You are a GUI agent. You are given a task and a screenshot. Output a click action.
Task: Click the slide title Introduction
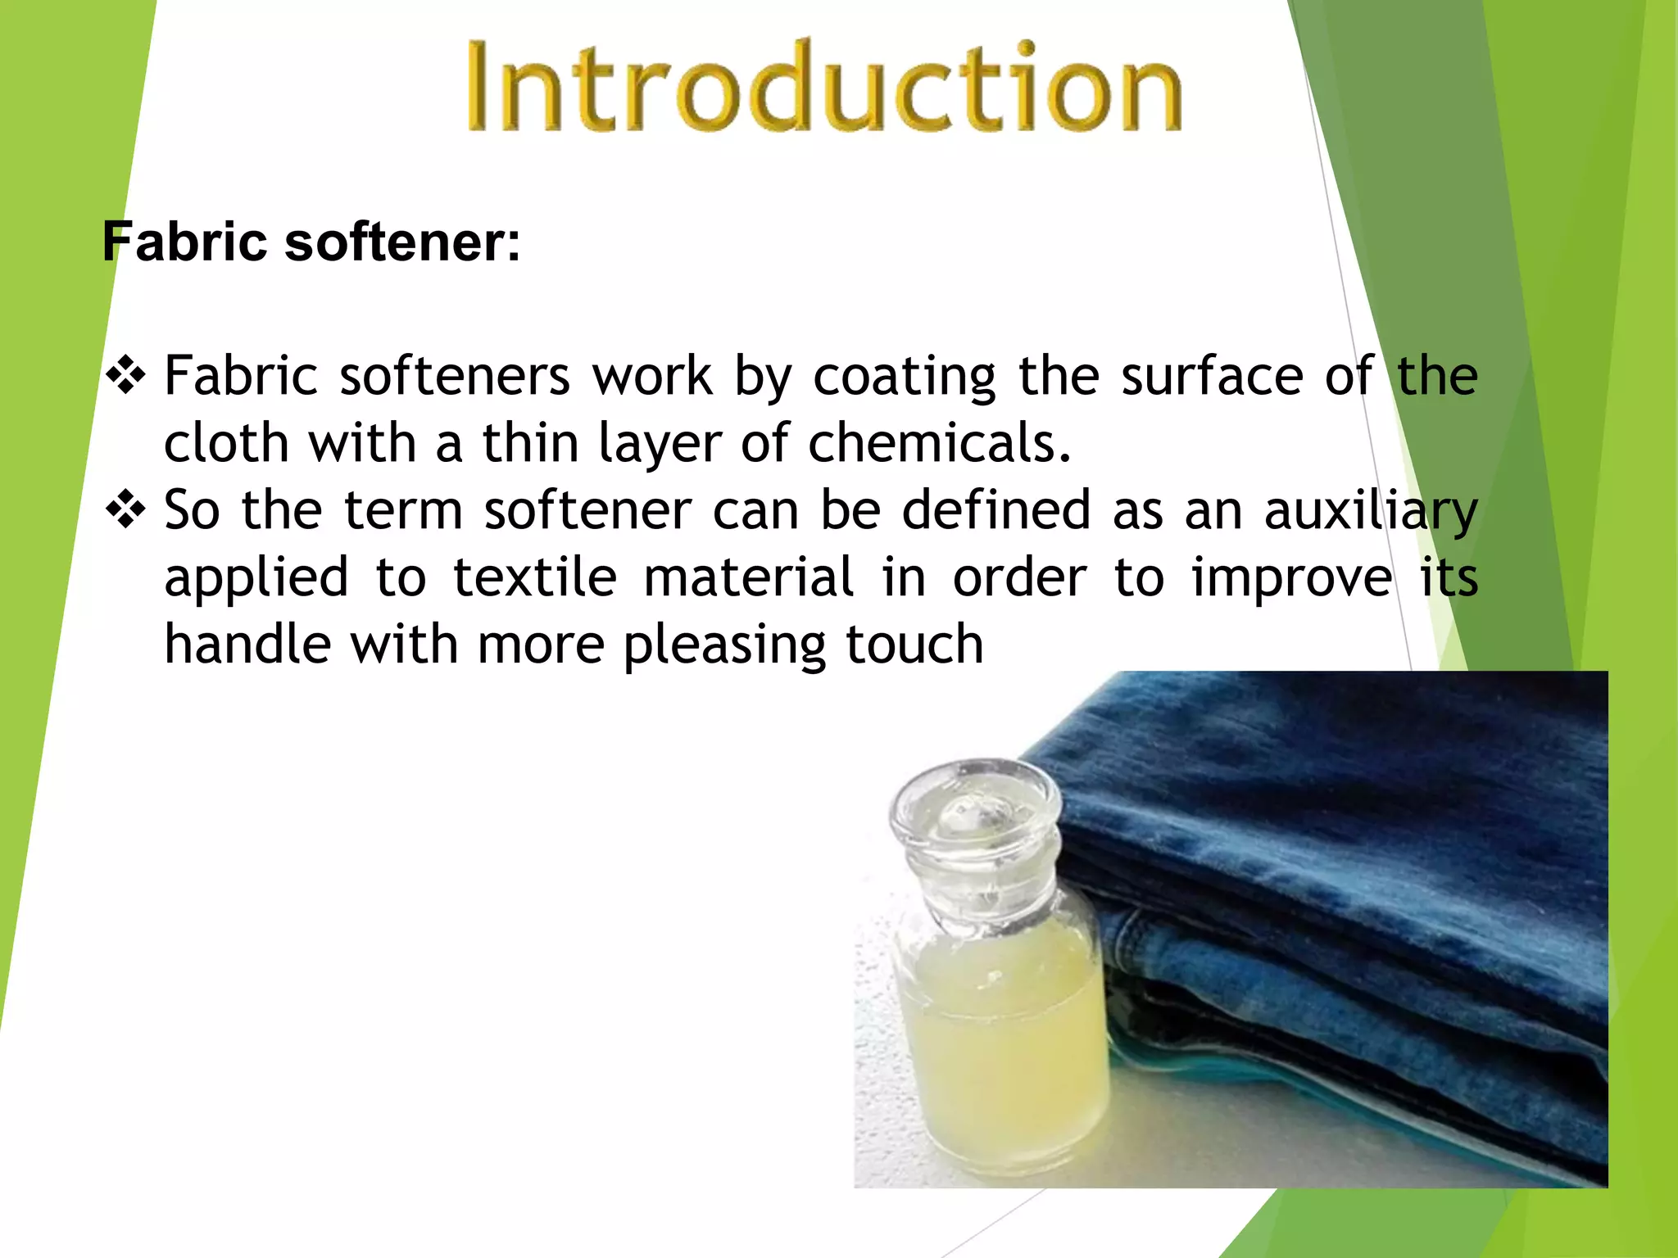[x=823, y=86]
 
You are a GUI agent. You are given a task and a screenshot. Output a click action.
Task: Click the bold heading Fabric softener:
[x=311, y=242]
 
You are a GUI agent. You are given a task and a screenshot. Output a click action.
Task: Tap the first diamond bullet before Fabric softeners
[x=126, y=377]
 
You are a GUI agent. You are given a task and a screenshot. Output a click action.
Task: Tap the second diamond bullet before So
[x=126, y=511]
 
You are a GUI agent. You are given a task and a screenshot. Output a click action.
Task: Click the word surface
[x=1212, y=377]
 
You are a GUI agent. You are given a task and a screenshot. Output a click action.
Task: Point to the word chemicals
[x=939, y=444]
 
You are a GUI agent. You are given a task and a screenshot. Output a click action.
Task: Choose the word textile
[x=534, y=578]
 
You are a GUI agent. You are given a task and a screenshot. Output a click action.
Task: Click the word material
[x=749, y=578]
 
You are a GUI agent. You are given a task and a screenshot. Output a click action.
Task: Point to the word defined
[x=996, y=511]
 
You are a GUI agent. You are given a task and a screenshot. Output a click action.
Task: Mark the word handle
[x=247, y=645]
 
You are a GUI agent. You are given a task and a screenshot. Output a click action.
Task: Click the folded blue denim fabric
[x=1344, y=885]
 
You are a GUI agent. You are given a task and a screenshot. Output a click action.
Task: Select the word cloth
[x=226, y=444]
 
